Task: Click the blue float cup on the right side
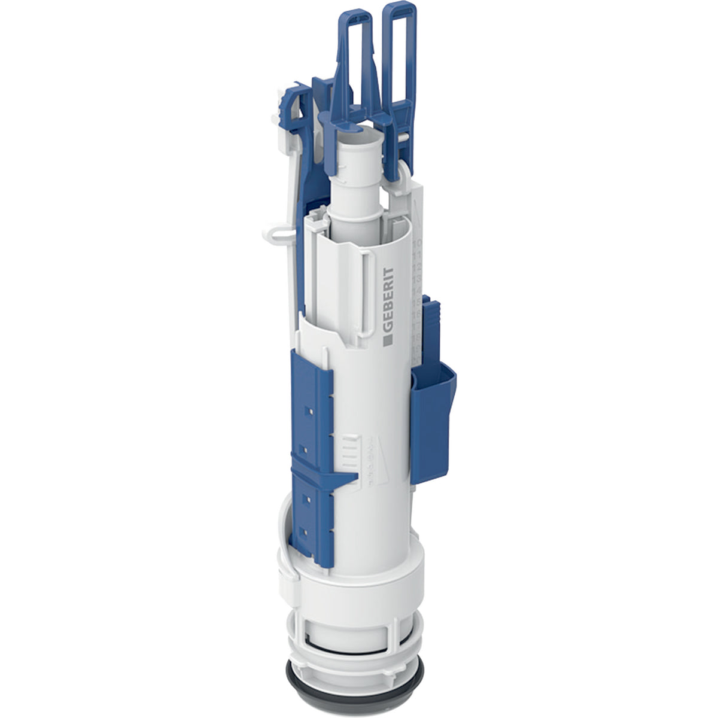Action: [432, 419]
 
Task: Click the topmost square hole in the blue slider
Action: [308, 412]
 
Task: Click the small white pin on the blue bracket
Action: [406, 136]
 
